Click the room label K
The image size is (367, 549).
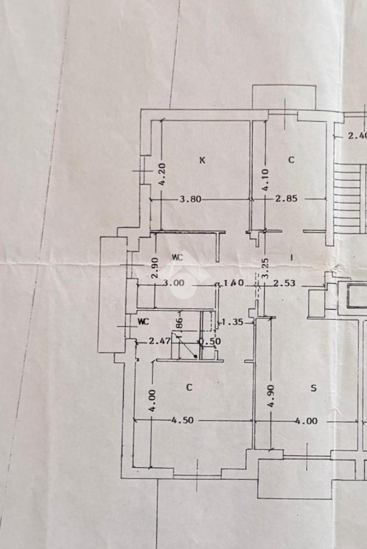coord(202,159)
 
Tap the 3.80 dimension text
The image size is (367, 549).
coord(190,199)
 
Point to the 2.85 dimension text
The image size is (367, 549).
coord(286,199)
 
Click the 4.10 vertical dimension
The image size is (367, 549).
coord(265,180)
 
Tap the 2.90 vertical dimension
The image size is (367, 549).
coord(154,267)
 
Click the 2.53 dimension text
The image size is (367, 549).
coord(284,283)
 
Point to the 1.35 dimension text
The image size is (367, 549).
coord(233,323)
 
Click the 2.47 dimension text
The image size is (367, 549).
coord(159,340)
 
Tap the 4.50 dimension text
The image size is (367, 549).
coord(182,420)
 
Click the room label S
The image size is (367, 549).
coord(313,389)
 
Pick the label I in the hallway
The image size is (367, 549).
coord(291,257)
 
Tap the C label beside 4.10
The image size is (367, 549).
coord(291,159)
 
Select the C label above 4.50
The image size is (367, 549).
coord(189,387)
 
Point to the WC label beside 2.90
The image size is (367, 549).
coord(177,257)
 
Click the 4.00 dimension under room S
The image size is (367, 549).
coord(306,421)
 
